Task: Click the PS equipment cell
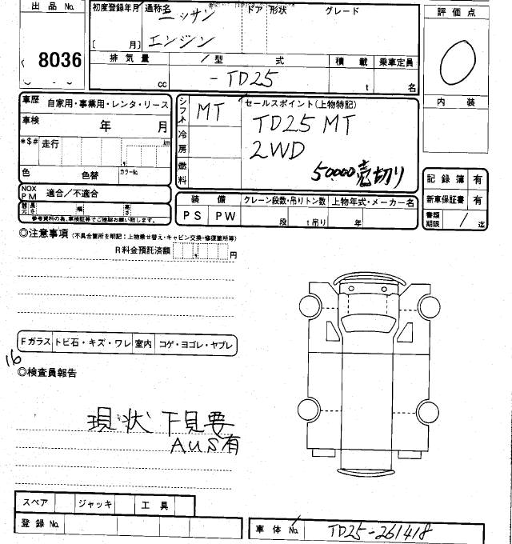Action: coord(192,216)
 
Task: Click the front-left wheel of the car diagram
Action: coord(310,304)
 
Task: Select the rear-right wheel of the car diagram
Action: coord(428,413)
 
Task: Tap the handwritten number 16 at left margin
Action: coord(14,361)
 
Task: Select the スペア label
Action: coord(36,503)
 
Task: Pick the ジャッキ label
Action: coord(95,504)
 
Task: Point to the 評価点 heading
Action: coord(462,13)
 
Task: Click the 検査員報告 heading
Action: coord(52,372)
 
